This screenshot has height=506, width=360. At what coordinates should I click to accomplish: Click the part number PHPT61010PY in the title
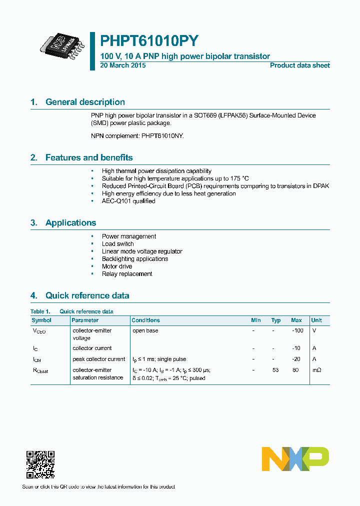(x=149, y=40)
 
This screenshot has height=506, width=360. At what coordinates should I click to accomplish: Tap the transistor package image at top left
(x=61, y=44)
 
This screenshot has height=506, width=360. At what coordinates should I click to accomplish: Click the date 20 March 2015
(x=123, y=65)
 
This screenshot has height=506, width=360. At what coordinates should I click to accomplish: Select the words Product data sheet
(x=299, y=65)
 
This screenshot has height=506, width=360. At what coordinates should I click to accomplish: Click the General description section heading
(x=85, y=102)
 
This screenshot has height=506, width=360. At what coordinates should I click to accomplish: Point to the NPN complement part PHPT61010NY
(x=161, y=135)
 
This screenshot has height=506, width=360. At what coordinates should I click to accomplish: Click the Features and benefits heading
(x=89, y=157)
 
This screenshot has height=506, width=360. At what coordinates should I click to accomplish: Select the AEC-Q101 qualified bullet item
(x=128, y=201)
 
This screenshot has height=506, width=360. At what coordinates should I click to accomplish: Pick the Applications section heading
(x=70, y=223)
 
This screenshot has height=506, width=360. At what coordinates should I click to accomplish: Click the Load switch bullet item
(x=117, y=244)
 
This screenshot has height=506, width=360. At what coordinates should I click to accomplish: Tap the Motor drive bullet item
(x=117, y=266)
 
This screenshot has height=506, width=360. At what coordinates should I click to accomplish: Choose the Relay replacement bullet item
(x=127, y=274)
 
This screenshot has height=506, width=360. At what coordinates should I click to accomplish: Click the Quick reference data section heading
(x=87, y=295)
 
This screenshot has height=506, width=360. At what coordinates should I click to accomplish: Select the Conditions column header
(x=145, y=320)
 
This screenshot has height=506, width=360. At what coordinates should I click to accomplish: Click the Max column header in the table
(x=296, y=320)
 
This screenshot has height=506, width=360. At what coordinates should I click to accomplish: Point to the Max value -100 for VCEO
(x=297, y=330)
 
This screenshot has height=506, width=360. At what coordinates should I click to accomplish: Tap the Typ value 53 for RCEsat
(x=275, y=370)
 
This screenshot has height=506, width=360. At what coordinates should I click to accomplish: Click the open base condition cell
(x=145, y=330)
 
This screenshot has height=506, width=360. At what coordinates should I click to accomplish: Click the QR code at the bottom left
(x=40, y=464)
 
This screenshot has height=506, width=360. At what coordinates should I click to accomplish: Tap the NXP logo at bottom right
(x=295, y=459)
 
